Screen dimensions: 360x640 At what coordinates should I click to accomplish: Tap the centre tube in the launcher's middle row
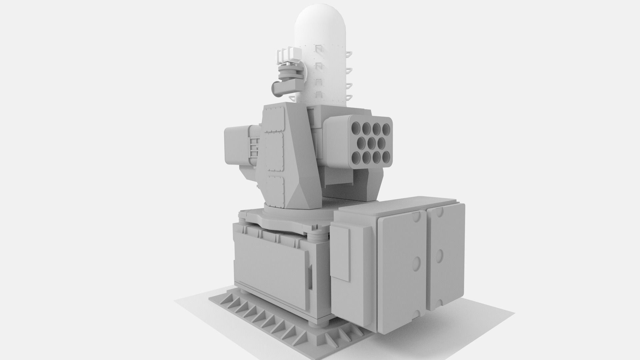point(372,143)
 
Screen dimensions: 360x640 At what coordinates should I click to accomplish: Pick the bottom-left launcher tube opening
point(357,157)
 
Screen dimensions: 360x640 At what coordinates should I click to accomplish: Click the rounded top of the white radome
point(321,20)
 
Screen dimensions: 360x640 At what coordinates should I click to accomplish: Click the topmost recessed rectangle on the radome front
point(319,49)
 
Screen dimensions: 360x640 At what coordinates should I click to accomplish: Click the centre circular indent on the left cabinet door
point(416,263)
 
